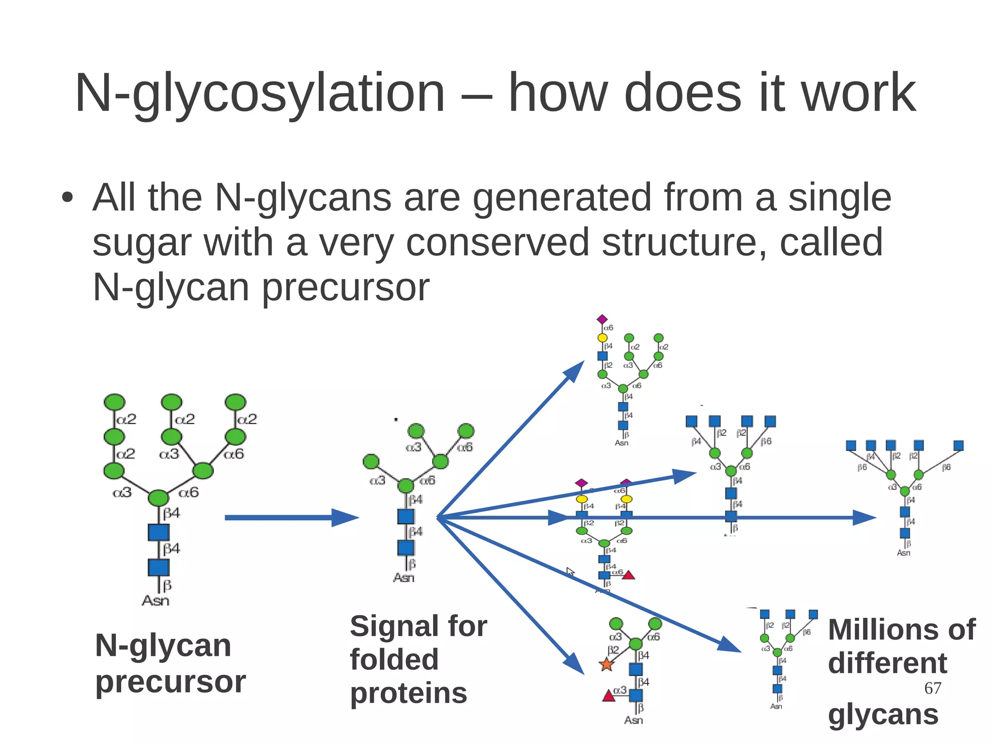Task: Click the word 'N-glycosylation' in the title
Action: pyautogui.click(x=259, y=93)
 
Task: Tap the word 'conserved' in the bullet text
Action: pyautogui.click(x=497, y=242)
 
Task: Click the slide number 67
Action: pyautogui.click(x=932, y=688)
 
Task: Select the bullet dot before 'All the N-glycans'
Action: pyautogui.click(x=67, y=198)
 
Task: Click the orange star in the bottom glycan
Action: pyautogui.click(x=606, y=665)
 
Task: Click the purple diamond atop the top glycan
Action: pyautogui.click(x=602, y=319)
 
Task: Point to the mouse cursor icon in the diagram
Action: pyautogui.click(x=571, y=572)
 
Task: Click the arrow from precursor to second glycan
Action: pyautogui.click(x=291, y=518)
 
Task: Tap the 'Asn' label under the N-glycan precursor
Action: pyautogui.click(x=155, y=601)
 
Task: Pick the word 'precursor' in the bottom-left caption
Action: pyautogui.click(x=170, y=681)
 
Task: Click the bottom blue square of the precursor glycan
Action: pyautogui.click(x=158, y=567)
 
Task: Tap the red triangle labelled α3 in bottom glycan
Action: pyautogui.click(x=608, y=697)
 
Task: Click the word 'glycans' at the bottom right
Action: pyautogui.click(x=883, y=714)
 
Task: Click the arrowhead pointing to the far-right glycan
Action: pyautogui.click(x=865, y=518)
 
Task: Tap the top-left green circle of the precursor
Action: pyautogui.click(x=114, y=402)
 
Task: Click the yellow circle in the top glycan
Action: pyautogui.click(x=602, y=337)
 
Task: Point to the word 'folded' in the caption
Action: pyautogui.click(x=394, y=660)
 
